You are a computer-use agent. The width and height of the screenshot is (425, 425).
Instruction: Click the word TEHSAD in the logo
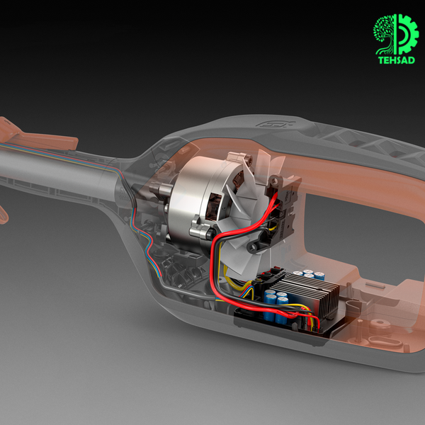tap(396, 60)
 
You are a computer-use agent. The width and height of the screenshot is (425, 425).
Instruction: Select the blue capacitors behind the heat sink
tap(310, 274)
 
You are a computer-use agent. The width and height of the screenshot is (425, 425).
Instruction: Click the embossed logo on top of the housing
tap(276, 124)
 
